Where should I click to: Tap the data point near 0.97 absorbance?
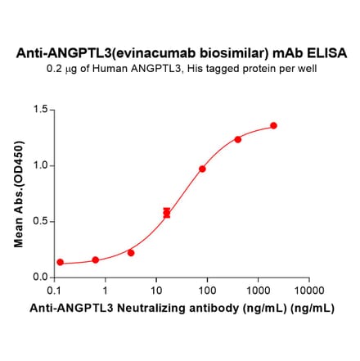tap(202, 169)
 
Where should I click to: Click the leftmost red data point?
tap(60, 262)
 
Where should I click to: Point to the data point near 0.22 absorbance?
tap(131, 253)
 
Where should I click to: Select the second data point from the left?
tap(96, 260)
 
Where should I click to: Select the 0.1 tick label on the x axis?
tap(54, 291)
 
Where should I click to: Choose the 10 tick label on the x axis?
tap(155, 291)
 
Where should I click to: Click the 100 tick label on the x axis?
tap(206, 291)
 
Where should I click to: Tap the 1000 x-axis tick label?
tap(257, 291)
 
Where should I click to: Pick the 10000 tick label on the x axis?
tap(308, 291)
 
